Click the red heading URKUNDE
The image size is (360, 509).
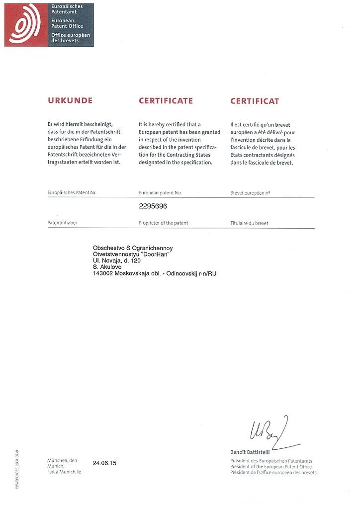click(70, 101)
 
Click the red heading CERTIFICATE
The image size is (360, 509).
click(166, 101)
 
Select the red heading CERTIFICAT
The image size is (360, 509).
click(255, 101)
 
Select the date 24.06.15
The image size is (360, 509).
click(104, 463)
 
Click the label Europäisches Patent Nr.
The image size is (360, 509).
click(72, 192)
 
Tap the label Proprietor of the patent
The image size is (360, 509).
click(163, 223)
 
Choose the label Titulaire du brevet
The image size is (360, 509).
click(249, 223)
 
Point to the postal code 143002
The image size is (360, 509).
click(103, 273)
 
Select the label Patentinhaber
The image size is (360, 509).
click(62, 223)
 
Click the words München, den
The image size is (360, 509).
click(62, 460)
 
